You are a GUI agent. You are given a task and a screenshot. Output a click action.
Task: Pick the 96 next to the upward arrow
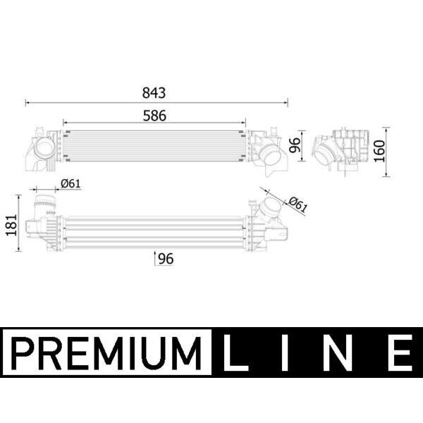click(166, 259)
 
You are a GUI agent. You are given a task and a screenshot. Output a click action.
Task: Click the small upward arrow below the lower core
click(155, 258)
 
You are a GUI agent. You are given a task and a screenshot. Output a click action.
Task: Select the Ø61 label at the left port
click(70, 183)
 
